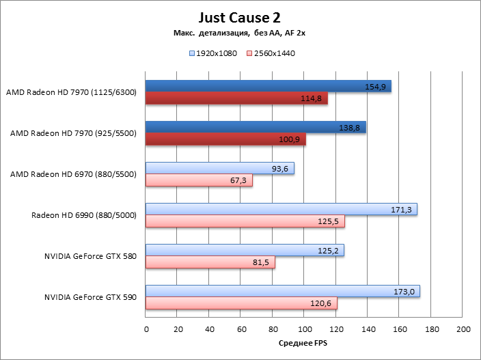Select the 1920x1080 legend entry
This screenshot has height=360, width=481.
(212, 53)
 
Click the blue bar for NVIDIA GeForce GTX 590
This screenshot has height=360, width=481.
(273, 291)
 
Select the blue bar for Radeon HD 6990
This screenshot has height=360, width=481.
(273, 209)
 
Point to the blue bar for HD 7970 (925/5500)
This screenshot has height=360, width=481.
(253, 127)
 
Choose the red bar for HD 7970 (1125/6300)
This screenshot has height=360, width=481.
(232, 98)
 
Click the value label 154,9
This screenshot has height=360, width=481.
(378, 87)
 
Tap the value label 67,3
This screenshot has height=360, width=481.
(240, 180)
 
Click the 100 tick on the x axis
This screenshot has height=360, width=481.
(305, 329)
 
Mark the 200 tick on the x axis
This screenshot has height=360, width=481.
(463, 329)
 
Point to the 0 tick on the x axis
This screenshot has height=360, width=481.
(146, 329)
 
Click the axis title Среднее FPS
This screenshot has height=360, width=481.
(304, 344)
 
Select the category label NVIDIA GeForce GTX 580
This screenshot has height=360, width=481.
(90, 257)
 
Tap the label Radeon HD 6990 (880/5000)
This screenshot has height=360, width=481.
(84, 216)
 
